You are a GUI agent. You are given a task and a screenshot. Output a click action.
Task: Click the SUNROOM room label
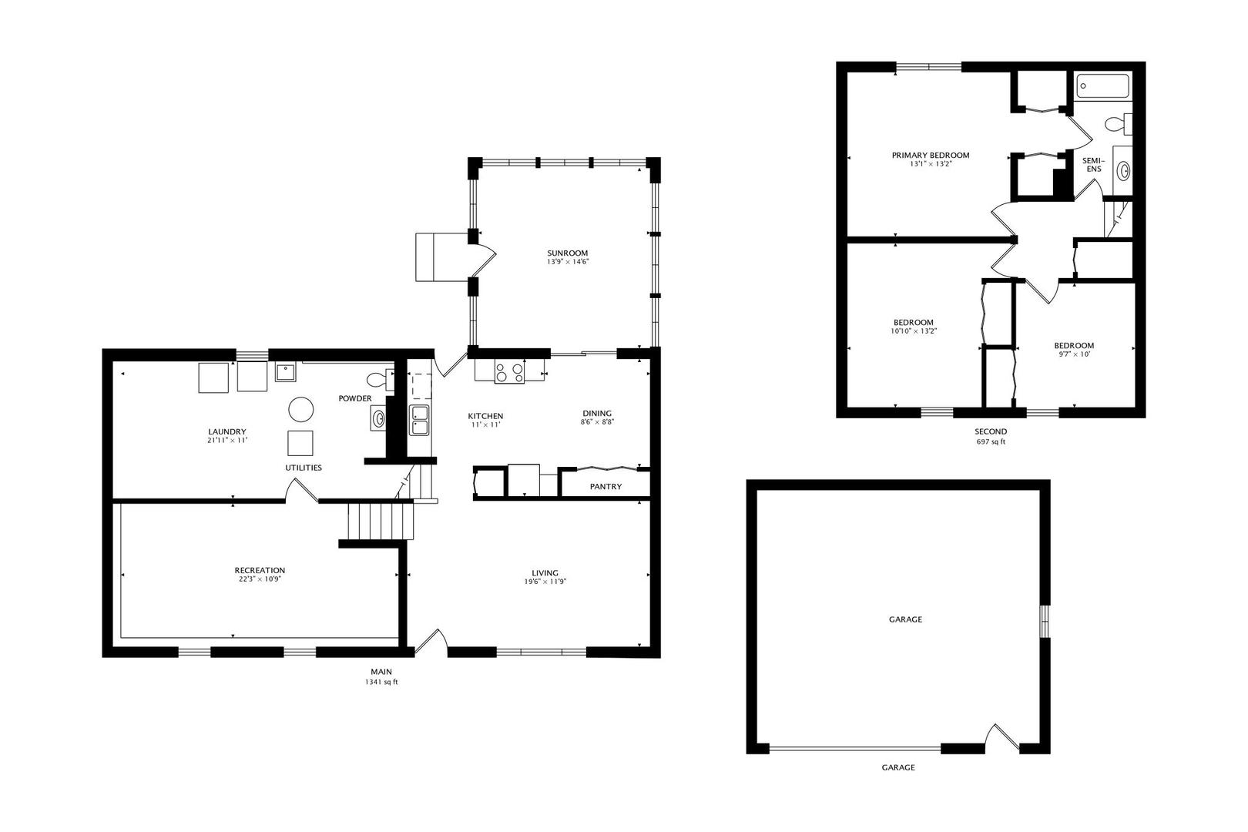point(567,253)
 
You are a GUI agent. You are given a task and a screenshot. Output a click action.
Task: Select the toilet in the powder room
point(381,380)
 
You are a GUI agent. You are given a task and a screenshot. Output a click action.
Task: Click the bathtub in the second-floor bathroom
point(1102,86)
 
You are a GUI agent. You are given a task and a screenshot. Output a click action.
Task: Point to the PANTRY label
point(606,487)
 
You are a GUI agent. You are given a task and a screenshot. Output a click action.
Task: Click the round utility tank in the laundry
point(301,410)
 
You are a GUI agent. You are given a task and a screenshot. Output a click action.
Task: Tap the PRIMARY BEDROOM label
point(931,156)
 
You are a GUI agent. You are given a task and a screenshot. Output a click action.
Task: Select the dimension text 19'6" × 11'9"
point(545,582)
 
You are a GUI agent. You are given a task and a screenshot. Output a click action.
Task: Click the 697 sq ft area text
point(991,442)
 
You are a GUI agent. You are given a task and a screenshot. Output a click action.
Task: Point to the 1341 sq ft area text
point(381,682)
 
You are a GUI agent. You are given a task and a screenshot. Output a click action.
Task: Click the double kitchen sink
point(419,420)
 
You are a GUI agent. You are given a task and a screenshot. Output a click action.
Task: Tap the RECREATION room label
point(260,570)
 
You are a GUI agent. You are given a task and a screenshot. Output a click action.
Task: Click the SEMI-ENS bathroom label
point(1094,165)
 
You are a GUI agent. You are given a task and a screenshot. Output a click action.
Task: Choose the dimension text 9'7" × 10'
point(1074,354)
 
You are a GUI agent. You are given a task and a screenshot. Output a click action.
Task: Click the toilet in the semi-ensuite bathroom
point(1118,124)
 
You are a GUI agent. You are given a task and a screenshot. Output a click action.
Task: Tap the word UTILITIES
point(304,468)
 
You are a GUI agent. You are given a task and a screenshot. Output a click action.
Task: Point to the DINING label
point(597,414)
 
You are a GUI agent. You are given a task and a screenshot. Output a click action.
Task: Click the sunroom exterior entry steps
point(442,257)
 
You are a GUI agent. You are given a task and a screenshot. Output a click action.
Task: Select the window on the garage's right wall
point(1045,621)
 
